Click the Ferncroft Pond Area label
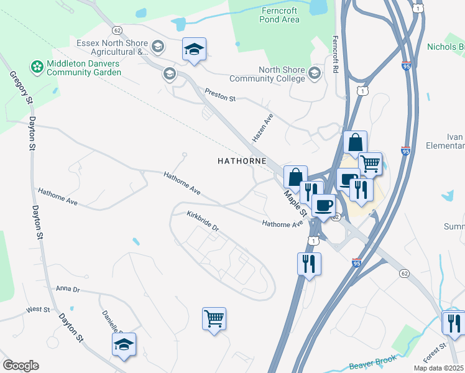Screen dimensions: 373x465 point(280,15)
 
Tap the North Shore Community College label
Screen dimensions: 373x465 point(267,74)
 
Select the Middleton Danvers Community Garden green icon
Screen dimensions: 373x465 point(37,65)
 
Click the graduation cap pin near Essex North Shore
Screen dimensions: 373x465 point(194,49)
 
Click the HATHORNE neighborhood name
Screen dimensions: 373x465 point(242,161)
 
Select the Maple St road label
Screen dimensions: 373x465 point(292,200)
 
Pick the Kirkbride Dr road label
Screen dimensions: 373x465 point(203,221)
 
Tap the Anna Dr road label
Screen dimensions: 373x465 point(68,288)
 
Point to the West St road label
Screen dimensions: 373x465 point(37,309)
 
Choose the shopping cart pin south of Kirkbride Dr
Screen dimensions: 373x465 point(214,319)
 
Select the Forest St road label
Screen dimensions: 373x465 point(435,353)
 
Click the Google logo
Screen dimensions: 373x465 point(20,365)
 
